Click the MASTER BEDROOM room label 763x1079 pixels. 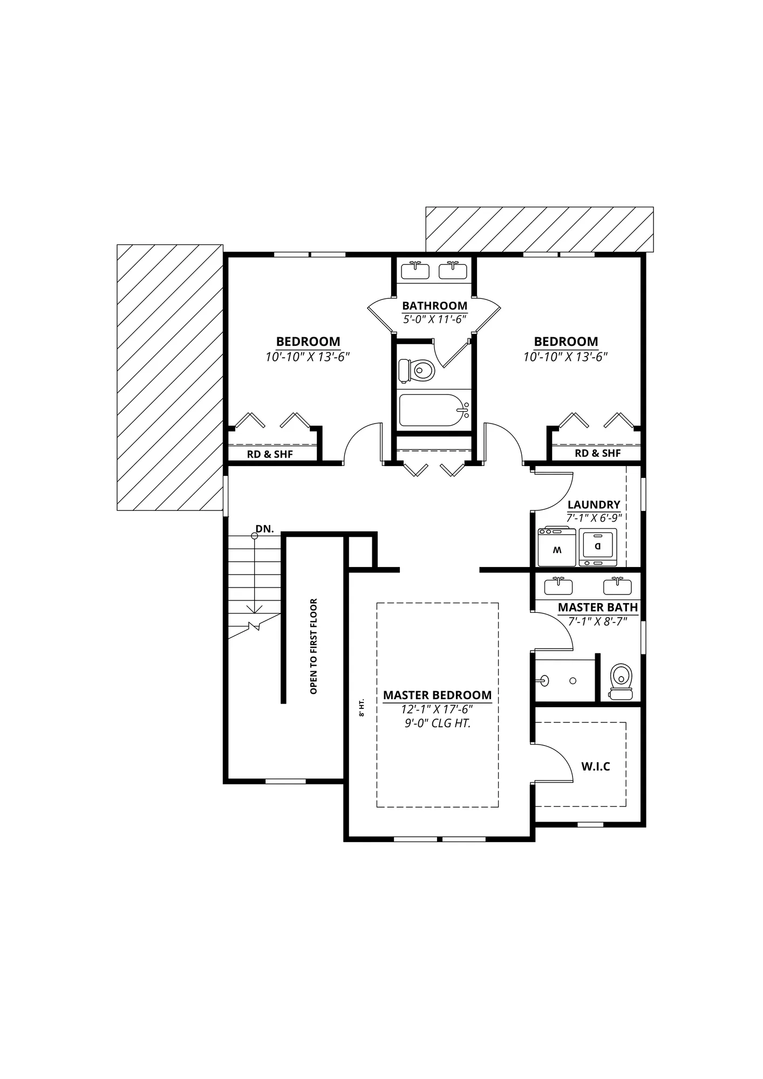[x=438, y=695]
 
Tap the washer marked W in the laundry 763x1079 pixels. [x=557, y=547]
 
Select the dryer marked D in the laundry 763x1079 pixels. [x=598, y=547]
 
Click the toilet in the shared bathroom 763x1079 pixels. [x=417, y=371]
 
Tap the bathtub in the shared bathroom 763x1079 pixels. [x=434, y=410]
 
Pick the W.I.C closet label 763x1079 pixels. [x=596, y=766]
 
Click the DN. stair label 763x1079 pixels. [x=264, y=529]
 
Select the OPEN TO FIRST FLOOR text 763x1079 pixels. [x=314, y=646]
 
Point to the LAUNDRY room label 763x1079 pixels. [x=594, y=504]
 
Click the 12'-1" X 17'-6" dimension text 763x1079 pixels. [x=437, y=709]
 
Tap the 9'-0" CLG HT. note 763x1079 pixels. [x=438, y=723]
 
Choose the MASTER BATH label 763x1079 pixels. [x=598, y=607]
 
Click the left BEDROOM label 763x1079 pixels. [x=308, y=342]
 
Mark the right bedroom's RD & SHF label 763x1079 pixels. [x=598, y=453]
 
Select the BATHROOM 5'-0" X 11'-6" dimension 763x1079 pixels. [x=435, y=319]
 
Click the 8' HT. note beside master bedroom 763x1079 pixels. [x=362, y=707]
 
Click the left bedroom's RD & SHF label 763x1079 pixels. [x=270, y=454]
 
